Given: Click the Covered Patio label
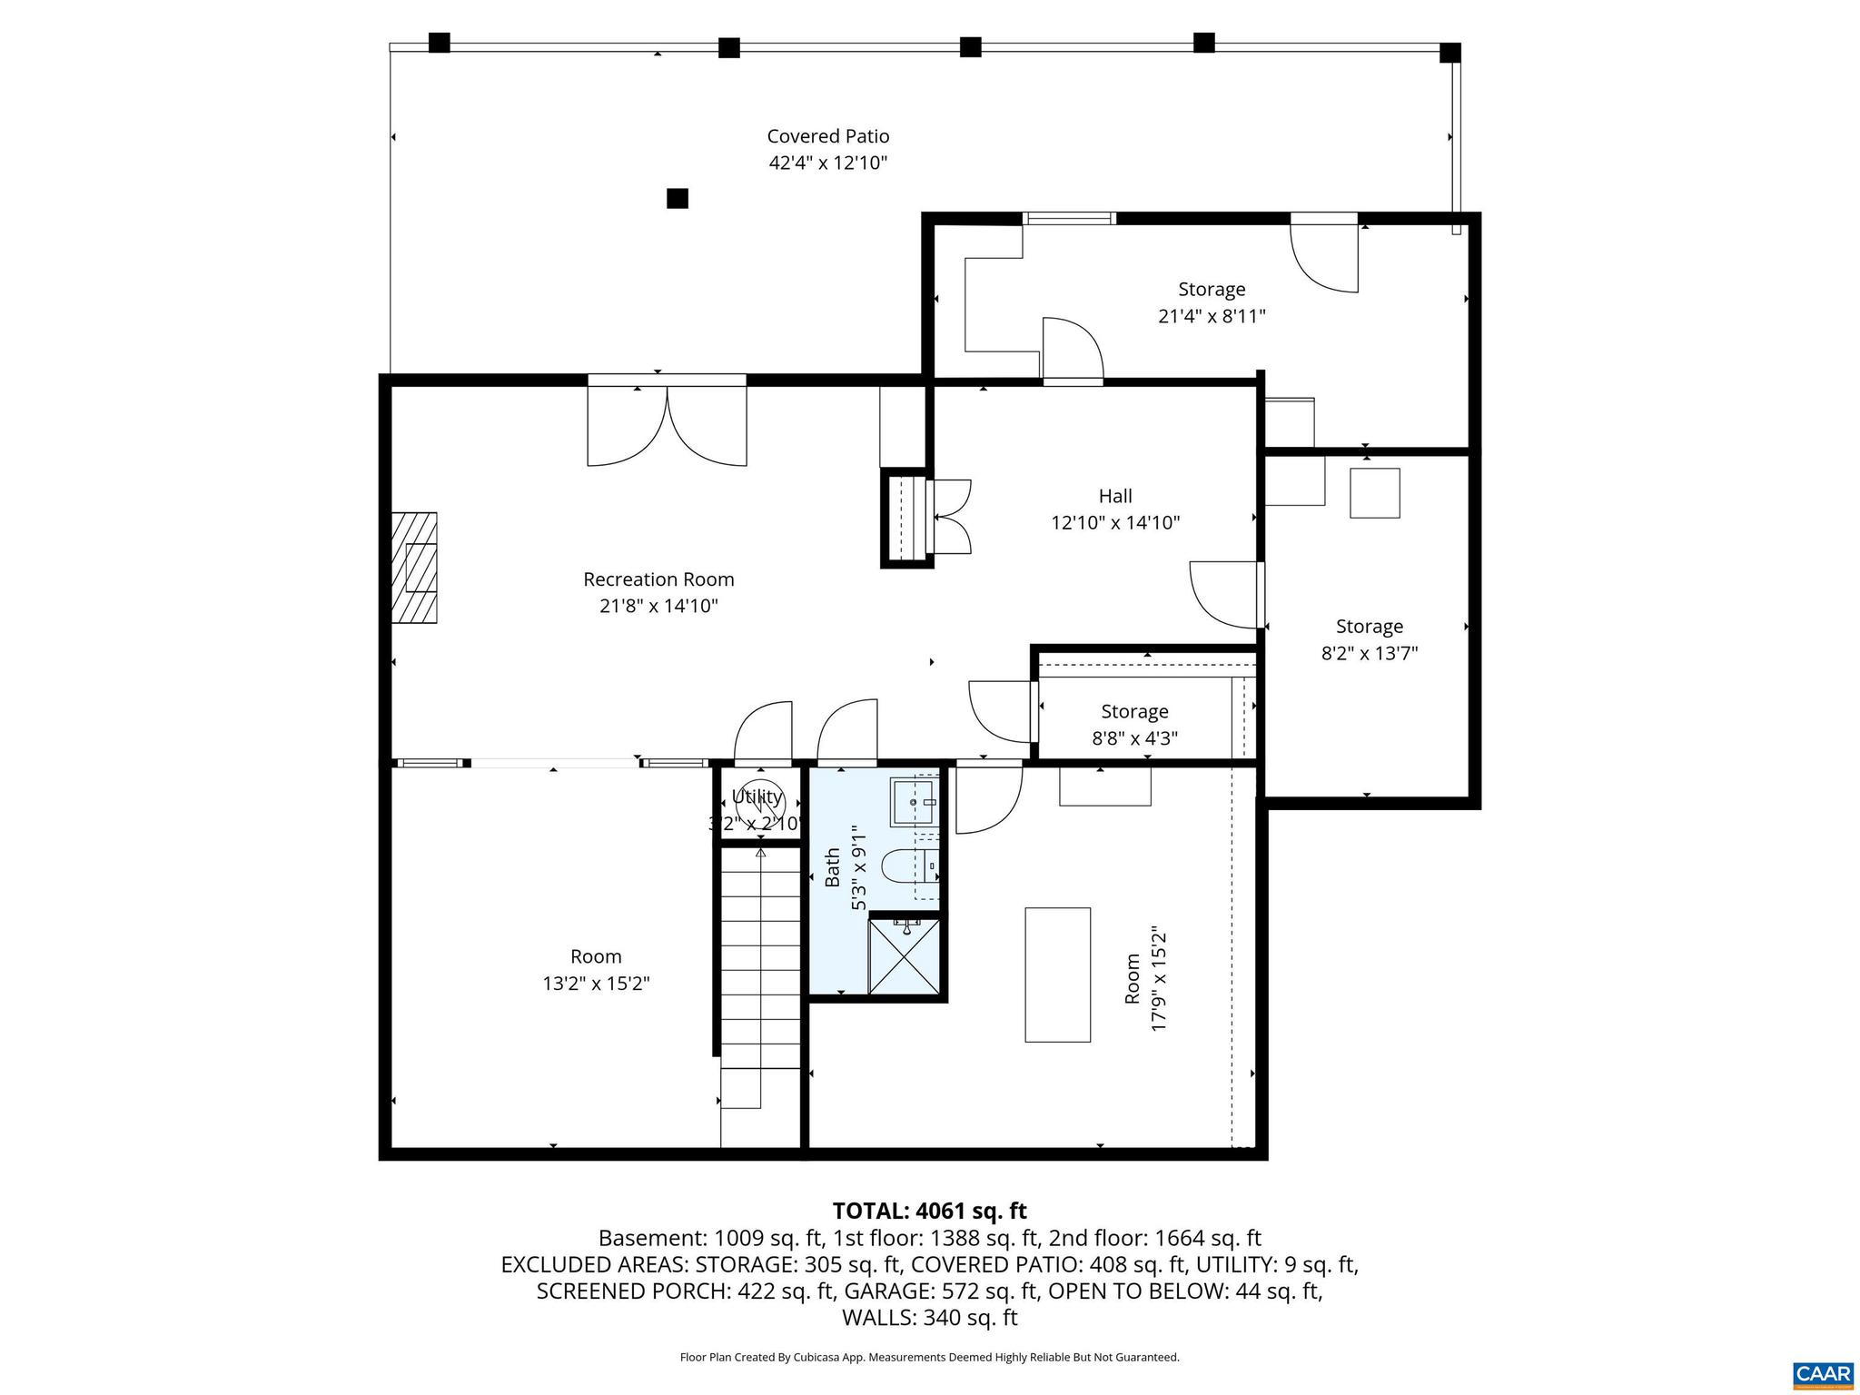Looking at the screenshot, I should [827, 136].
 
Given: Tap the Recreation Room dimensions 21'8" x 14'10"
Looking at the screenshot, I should [658, 606].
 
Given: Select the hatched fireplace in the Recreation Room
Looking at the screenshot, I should [415, 568].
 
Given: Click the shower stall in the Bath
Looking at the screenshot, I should [905, 956].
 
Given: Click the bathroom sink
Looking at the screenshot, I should [914, 802].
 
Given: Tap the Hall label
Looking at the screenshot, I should [1115, 496].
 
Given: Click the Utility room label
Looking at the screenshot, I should [757, 796].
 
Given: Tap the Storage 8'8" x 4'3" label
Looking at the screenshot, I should [1134, 712].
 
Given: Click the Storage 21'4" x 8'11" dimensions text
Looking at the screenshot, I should [1212, 316].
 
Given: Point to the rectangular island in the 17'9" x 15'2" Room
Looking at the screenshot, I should [1057, 975].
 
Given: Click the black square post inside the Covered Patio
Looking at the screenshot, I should [678, 198].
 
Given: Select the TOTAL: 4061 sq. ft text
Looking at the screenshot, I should [929, 1211].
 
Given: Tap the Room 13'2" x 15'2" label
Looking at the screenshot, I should [596, 956].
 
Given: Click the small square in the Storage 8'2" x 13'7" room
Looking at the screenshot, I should [1374, 493].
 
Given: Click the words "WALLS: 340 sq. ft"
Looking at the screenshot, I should [929, 1318].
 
